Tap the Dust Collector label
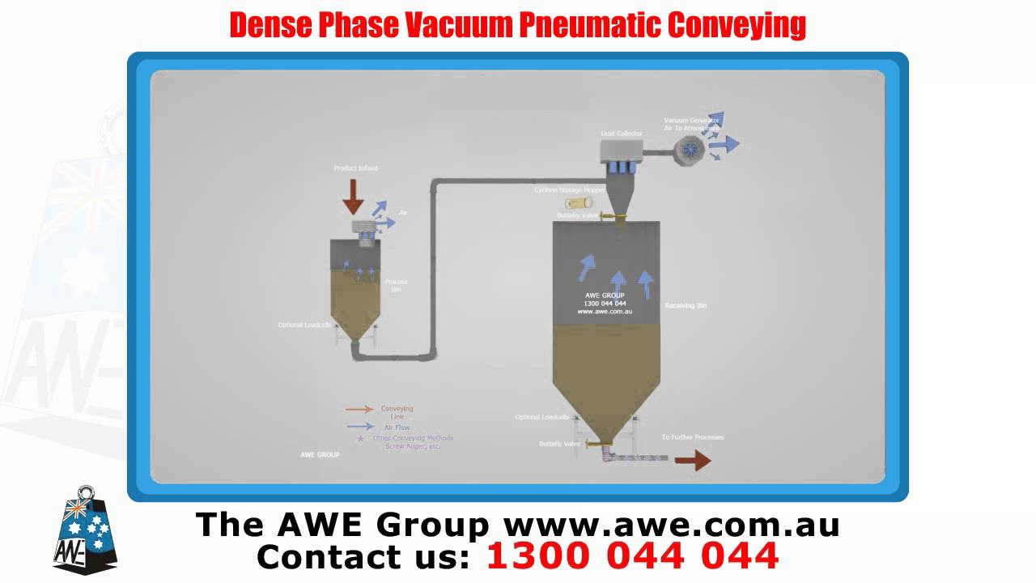[x=622, y=133]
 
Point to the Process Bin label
[x=396, y=285]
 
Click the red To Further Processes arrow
[x=692, y=461]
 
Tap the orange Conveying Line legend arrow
[x=359, y=410]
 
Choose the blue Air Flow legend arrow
[x=359, y=427]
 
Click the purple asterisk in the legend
[x=360, y=439]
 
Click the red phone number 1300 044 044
[x=632, y=556]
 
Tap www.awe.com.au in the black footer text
[x=671, y=525]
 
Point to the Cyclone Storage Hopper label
[x=569, y=190]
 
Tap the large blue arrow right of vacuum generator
[x=728, y=144]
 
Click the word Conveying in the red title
[x=737, y=25]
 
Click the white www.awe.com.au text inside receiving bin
[x=605, y=311]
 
